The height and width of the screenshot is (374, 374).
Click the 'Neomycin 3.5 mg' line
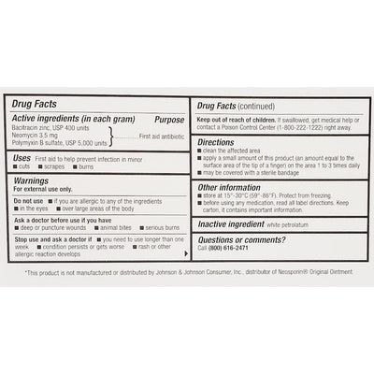[x=34, y=137]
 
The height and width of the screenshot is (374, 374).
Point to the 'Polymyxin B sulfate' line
[x=53, y=145]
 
